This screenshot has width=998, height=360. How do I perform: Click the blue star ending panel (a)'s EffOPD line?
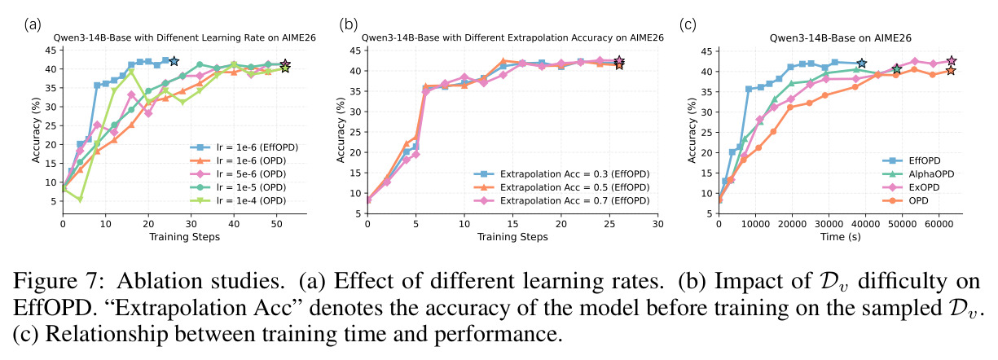coord(174,61)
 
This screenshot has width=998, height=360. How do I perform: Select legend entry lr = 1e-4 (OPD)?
coord(239,201)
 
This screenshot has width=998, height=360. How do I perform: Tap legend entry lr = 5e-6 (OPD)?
coord(239,174)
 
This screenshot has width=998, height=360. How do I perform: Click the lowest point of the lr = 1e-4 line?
coord(80,200)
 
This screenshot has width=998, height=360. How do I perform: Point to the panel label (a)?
coord(32,24)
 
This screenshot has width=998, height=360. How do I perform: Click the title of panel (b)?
coord(512,37)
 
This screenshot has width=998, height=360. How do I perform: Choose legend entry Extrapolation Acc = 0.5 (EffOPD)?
coord(561,187)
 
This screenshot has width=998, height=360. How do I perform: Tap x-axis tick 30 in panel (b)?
coord(658,224)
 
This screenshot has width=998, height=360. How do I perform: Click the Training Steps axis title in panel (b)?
coord(512,236)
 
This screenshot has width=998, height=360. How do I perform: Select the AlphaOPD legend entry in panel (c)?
coord(918,174)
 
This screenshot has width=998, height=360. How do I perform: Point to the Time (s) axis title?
coord(841,236)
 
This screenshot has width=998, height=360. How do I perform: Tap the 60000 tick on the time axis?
coord(939,224)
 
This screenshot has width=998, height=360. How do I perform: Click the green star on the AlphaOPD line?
coord(897,69)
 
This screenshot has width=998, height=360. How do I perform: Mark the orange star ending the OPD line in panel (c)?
coord(951,70)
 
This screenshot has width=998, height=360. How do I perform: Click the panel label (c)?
coord(688,24)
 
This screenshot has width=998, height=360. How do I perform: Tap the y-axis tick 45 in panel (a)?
coord(51,50)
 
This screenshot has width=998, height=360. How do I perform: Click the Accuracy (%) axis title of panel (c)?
coord(692,130)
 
